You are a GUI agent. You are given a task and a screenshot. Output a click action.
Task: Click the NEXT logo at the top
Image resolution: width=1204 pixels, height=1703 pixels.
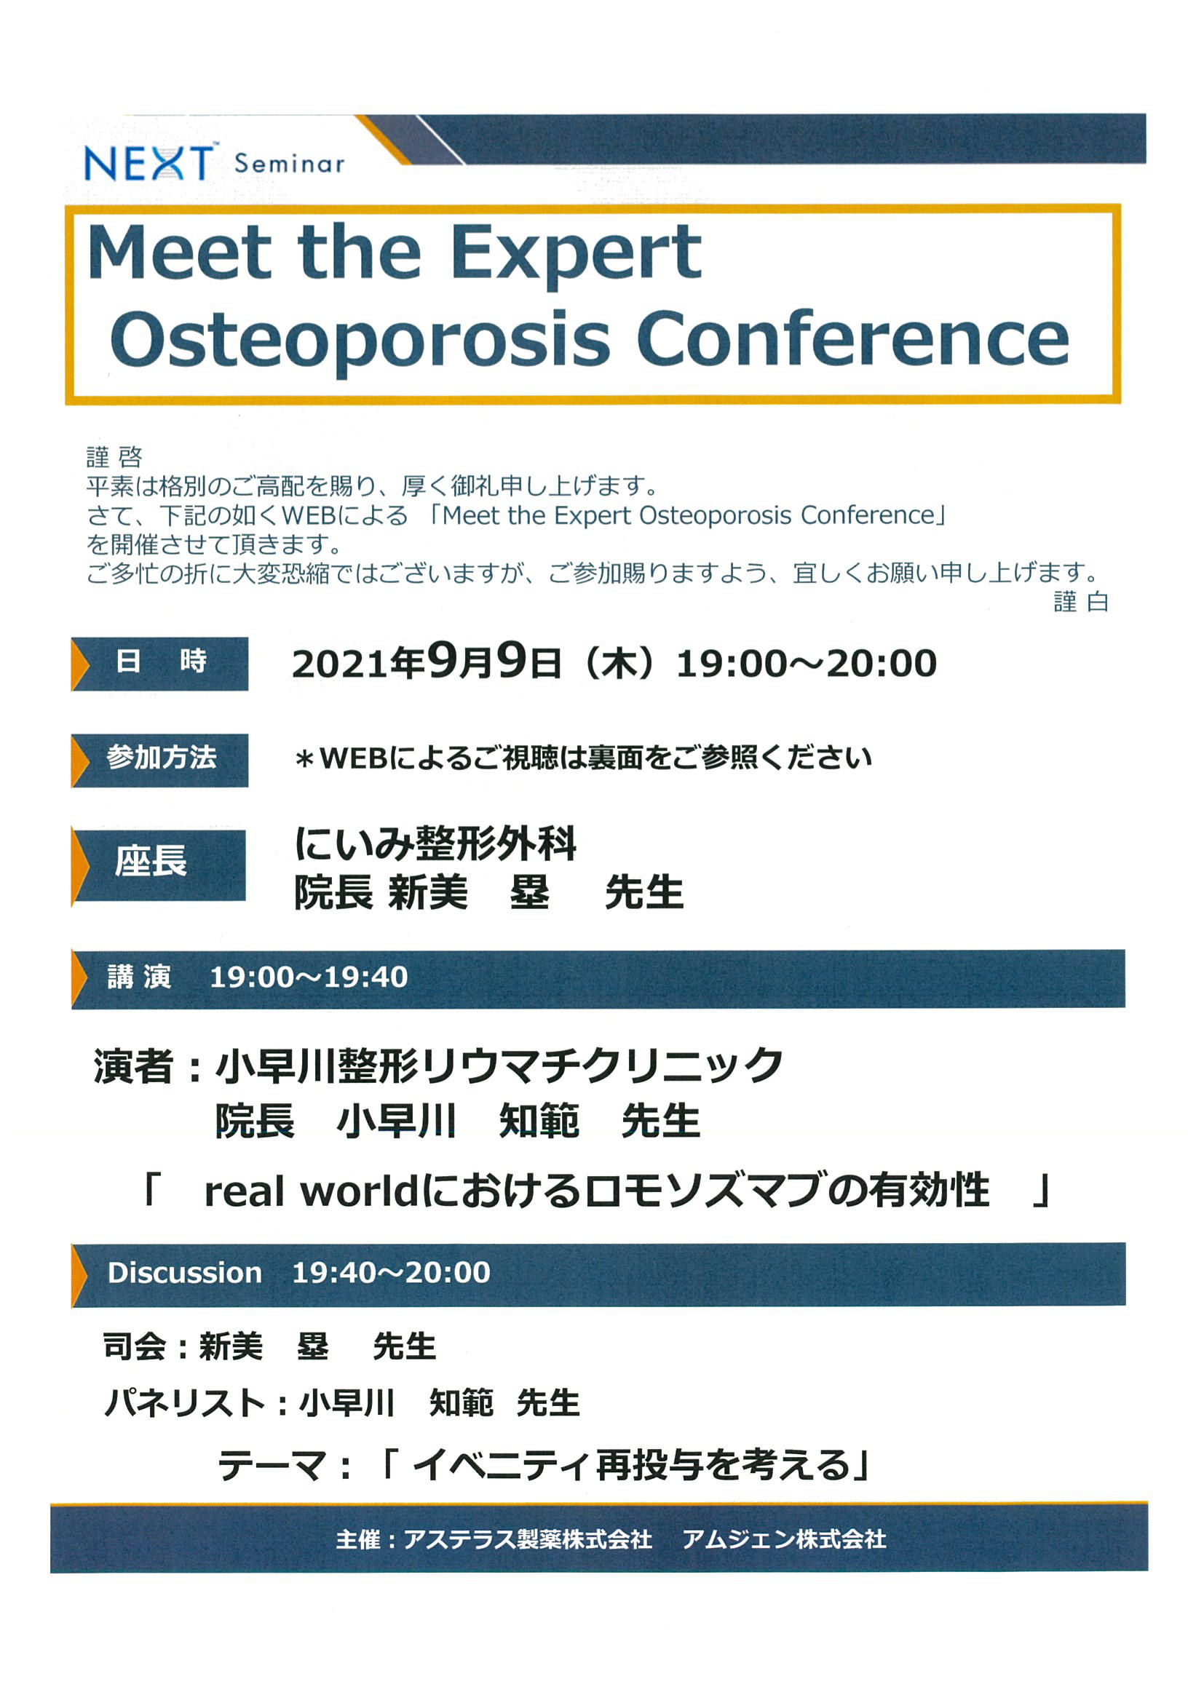click(x=148, y=162)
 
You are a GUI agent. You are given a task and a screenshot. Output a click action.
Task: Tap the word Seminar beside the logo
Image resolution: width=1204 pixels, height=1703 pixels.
click(x=290, y=164)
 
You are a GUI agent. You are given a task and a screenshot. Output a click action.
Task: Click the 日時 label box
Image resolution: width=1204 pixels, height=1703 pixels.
click(x=159, y=663)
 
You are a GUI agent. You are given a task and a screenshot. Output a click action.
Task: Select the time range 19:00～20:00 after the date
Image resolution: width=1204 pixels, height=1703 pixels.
click(x=807, y=663)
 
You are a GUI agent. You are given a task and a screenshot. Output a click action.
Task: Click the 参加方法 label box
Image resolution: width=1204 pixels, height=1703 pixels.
click(x=159, y=760)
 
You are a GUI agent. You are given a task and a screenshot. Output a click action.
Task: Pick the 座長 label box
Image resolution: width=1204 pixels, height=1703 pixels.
click(x=159, y=864)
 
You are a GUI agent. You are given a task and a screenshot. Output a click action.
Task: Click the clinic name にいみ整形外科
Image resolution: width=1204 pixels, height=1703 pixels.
click(x=435, y=843)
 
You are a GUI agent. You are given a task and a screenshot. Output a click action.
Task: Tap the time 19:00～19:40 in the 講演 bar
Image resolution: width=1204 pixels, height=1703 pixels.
click(x=309, y=977)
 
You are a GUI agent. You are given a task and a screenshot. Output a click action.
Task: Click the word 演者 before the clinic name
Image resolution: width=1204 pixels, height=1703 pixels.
click(x=133, y=1067)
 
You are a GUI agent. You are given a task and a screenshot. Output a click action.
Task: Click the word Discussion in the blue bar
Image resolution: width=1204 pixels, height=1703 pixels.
click(x=185, y=1272)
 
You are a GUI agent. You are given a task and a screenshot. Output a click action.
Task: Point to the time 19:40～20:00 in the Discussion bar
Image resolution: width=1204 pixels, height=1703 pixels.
click(x=391, y=1272)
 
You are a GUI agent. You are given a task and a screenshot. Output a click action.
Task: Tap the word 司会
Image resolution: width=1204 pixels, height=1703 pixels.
click(x=134, y=1346)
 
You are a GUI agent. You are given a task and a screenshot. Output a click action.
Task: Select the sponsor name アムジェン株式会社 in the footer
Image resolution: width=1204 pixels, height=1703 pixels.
click(x=784, y=1539)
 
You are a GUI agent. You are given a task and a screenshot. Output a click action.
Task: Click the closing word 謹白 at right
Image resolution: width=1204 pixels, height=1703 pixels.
click(x=1081, y=602)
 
